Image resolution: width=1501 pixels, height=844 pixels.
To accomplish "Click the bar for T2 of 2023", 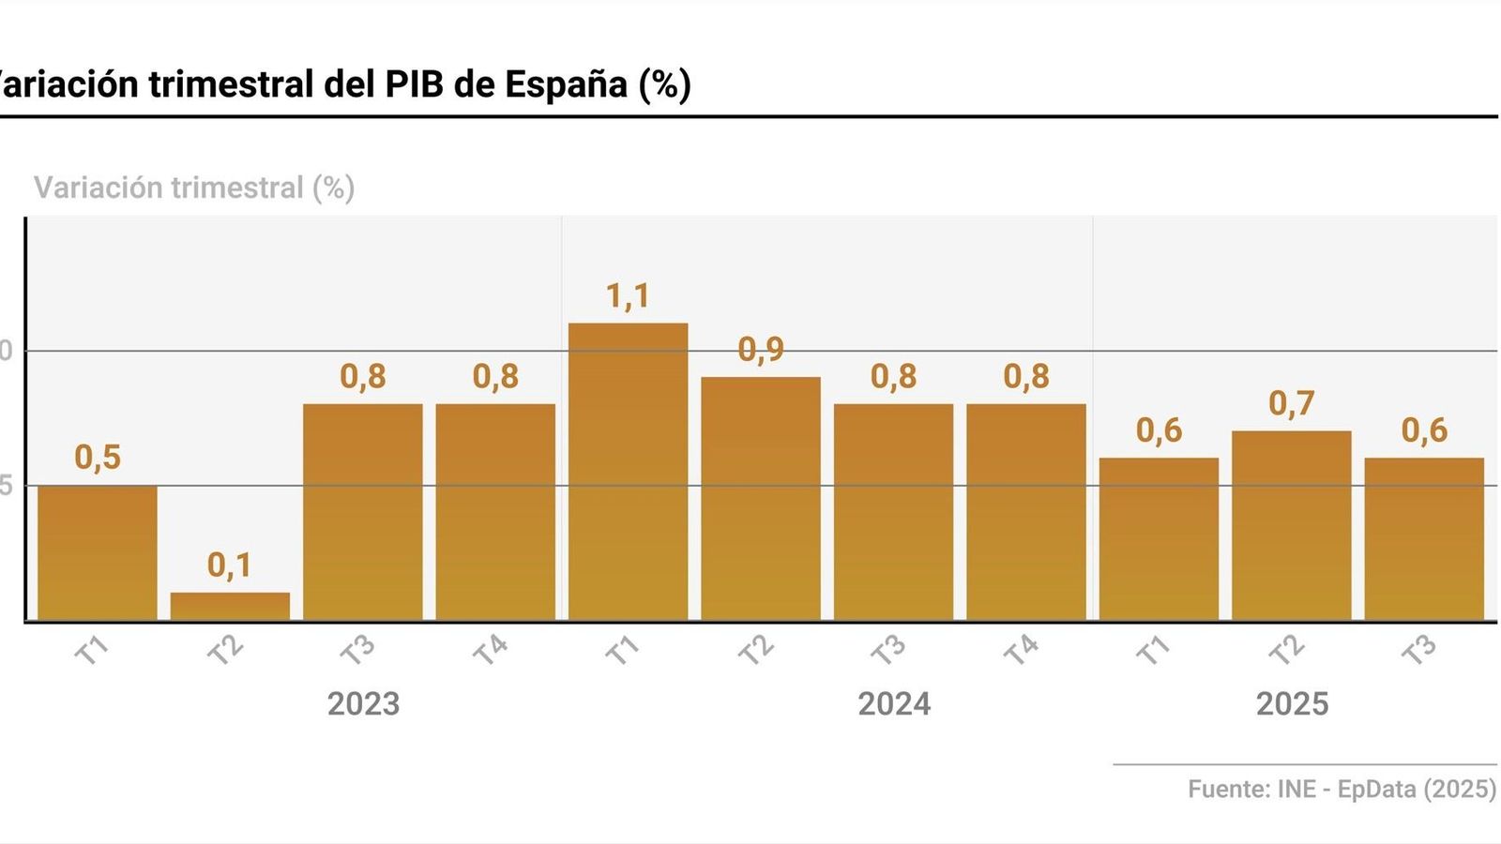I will pyautogui.click(x=230, y=606).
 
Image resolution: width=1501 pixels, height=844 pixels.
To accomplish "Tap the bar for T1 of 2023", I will pyautogui.click(x=98, y=553).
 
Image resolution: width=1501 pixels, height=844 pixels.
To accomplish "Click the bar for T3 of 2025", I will pyautogui.click(x=1423, y=539).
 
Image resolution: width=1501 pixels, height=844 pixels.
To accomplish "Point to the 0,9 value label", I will pyautogui.click(x=760, y=350).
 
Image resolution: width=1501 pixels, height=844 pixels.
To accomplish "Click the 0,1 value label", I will pyautogui.click(x=230, y=565).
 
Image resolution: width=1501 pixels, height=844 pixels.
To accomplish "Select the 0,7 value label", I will pyautogui.click(x=1291, y=404).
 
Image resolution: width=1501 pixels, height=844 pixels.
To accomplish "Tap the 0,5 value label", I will pyautogui.click(x=98, y=458).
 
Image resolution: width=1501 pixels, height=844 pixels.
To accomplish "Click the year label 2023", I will pyautogui.click(x=363, y=704).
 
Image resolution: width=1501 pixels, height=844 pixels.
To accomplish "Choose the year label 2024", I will pyautogui.click(x=894, y=704).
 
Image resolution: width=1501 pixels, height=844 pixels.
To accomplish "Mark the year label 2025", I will pyautogui.click(x=1292, y=704).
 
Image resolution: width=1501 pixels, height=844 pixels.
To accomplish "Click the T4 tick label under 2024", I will pyautogui.click(x=1021, y=649).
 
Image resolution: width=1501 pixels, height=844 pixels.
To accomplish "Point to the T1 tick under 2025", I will pyautogui.click(x=1153, y=649).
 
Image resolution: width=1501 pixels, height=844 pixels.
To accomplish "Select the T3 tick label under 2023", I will pyautogui.click(x=357, y=649).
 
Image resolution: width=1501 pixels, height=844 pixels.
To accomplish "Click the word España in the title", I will pyautogui.click(x=566, y=84).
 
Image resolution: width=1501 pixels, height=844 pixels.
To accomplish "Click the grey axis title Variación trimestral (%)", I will pyautogui.click(x=194, y=188).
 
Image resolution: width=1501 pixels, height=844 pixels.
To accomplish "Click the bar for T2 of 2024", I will pyautogui.click(x=760, y=498).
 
